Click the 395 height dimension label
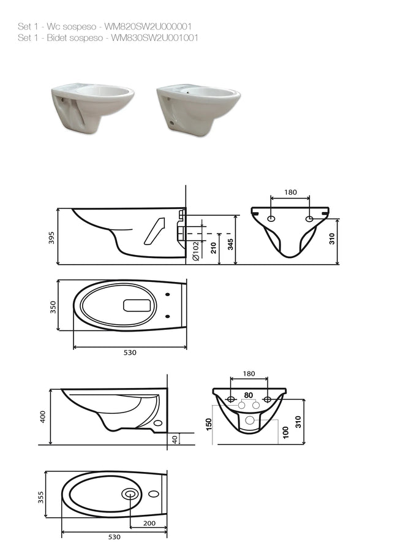[51, 238]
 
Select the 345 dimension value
[230, 244]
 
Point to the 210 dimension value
[213, 248]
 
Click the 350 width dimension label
[53, 307]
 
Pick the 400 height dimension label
[43, 416]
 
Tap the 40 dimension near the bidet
[174, 439]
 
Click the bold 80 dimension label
[249, 395]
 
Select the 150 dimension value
[209, 424]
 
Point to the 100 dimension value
[285, 433]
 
